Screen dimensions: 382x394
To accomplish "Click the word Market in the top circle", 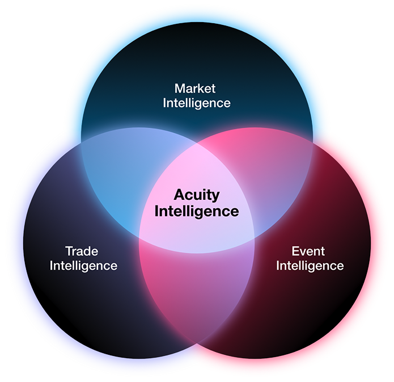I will point(196,89).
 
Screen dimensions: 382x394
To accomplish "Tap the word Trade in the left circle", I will point(82,251).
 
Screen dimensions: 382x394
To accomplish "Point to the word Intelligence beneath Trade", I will point(83,265).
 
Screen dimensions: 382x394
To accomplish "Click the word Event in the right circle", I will point(309,251).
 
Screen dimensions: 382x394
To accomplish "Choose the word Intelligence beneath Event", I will point(310,265).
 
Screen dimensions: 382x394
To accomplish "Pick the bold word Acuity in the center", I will point(196,195).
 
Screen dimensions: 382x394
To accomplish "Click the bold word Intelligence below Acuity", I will point(197,211).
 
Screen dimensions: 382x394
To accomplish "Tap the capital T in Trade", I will point(69,251).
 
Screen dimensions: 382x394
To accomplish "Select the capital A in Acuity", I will point(178,195).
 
